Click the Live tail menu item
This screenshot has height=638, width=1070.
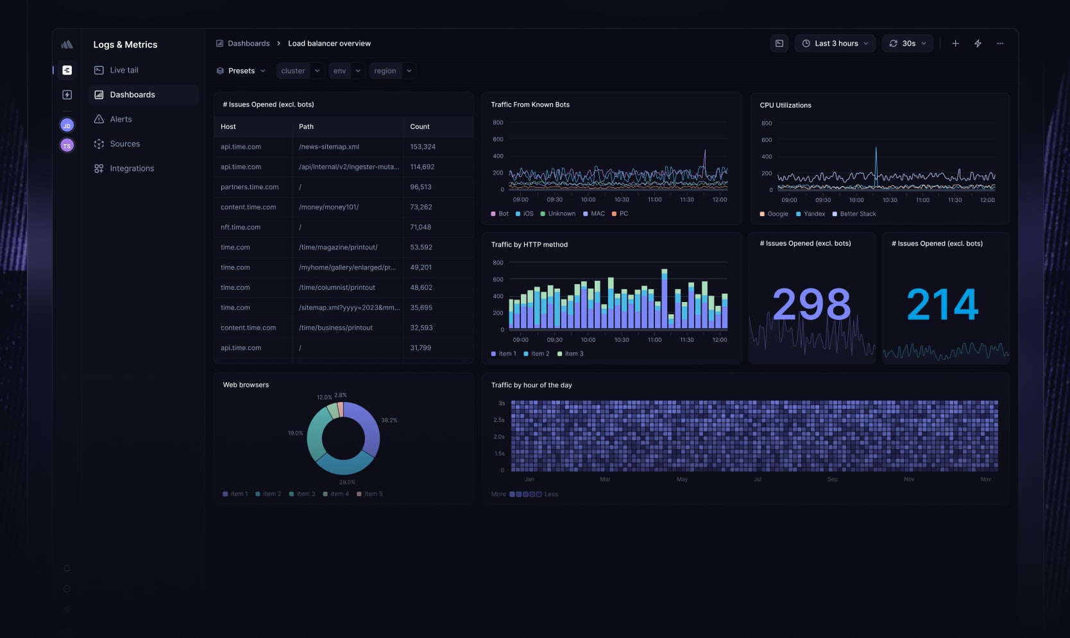(x=124, y=70)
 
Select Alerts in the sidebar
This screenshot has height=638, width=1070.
(x=121, y=119)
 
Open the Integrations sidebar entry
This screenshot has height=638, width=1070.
(x=132, y=169)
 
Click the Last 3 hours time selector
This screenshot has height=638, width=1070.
(x=835, y=44)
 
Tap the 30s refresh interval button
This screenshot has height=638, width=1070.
(x=908, y=44)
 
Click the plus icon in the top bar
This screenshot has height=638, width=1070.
(x=955, y=44)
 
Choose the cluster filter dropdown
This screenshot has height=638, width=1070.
(x=300, y=71)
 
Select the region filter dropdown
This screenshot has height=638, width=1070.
(x=392, y=71)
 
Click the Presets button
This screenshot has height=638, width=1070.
(x=241, y=71)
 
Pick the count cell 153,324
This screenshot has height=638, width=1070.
(x=423, y=147)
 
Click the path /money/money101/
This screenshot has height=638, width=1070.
(x=328, y=207)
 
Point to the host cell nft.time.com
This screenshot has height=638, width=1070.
(x=241, y=227)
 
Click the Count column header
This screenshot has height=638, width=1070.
(x=420, y=127)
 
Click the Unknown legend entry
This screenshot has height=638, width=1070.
(x=561, y=214)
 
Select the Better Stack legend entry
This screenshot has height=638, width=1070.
(x=857, y=214)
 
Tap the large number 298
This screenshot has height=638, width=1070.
(x=811, y=304)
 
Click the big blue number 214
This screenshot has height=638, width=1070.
(x=942, y=304)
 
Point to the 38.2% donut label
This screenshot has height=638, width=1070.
(x=389, y=421)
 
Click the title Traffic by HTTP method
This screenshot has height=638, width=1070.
(x=529, y=245)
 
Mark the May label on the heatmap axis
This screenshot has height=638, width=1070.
(x=682, y=480)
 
